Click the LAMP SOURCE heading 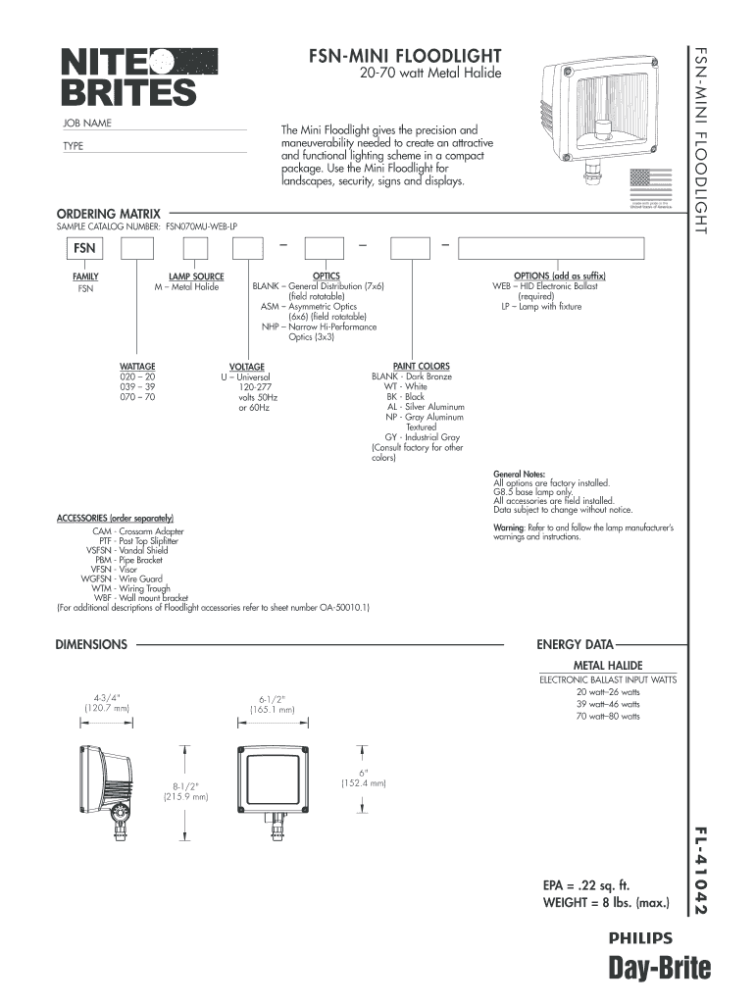click(196, 276)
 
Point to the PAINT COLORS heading click(421, 366)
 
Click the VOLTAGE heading click(246, 367)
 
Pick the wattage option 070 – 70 click(137, 397)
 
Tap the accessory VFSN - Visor click(114, 569)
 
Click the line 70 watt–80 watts click(608, 716)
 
